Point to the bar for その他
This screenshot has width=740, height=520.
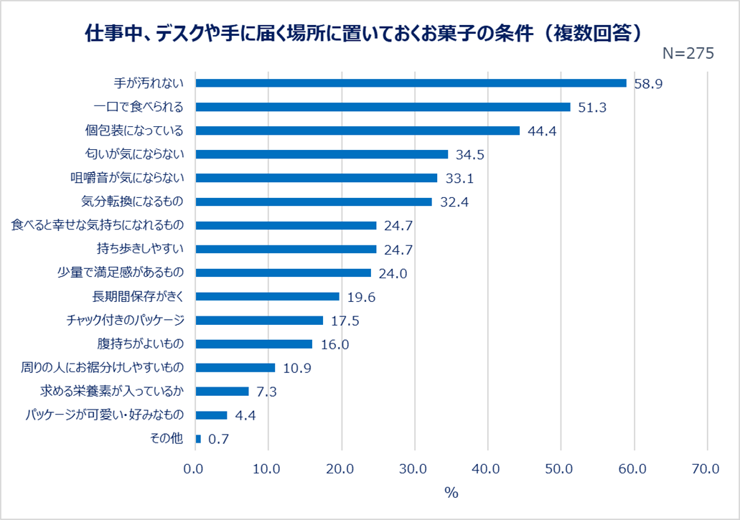[x=198, y=438]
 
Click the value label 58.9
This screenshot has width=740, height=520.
[x=647, y=84]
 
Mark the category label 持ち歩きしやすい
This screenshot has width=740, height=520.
[x=140, y=249]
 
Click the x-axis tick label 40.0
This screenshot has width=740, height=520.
[x=487, y=469]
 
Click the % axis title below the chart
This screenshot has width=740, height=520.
[x=451, y=493]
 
